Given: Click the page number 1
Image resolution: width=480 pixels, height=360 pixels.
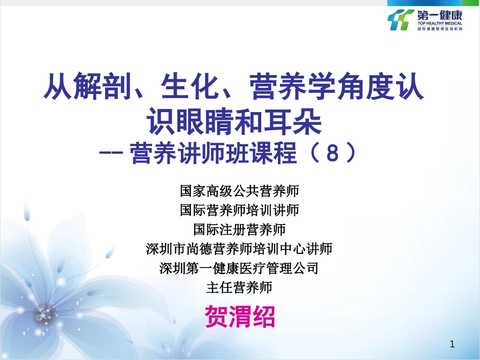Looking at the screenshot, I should [452, 345].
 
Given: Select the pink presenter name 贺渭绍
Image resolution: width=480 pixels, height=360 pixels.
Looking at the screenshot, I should [240, 317].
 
